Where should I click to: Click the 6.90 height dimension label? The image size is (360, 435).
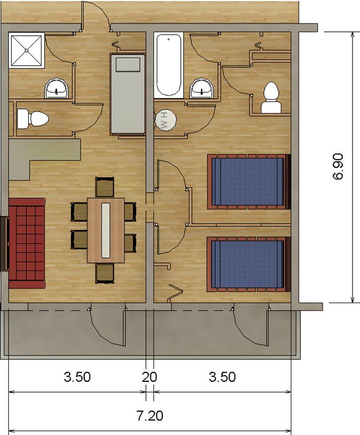[x=339, y=167]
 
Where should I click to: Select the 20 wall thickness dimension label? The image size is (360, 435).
[x=149, y=377]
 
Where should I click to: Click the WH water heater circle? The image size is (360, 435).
[x=165, y=119]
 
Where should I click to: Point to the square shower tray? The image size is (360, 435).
[x=27, y=50]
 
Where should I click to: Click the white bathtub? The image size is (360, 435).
[x=168, y=65]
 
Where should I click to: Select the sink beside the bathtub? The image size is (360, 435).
[x=202, y=88]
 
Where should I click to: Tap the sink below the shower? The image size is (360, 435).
[x=57, y=88]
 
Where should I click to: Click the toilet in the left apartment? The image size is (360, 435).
[x=32, y=119]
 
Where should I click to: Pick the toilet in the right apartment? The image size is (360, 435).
[x=271, y=98]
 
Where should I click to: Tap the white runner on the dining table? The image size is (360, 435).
[x=106, y=230]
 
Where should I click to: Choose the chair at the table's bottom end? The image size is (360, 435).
[x=105, y=274]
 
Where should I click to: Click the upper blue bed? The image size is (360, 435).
[x=249, y=182]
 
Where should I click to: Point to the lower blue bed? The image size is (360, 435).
[x=249, y=264]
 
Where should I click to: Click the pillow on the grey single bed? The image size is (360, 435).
[x=128, y=65]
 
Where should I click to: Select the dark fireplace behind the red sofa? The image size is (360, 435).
[x=4, y=243]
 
